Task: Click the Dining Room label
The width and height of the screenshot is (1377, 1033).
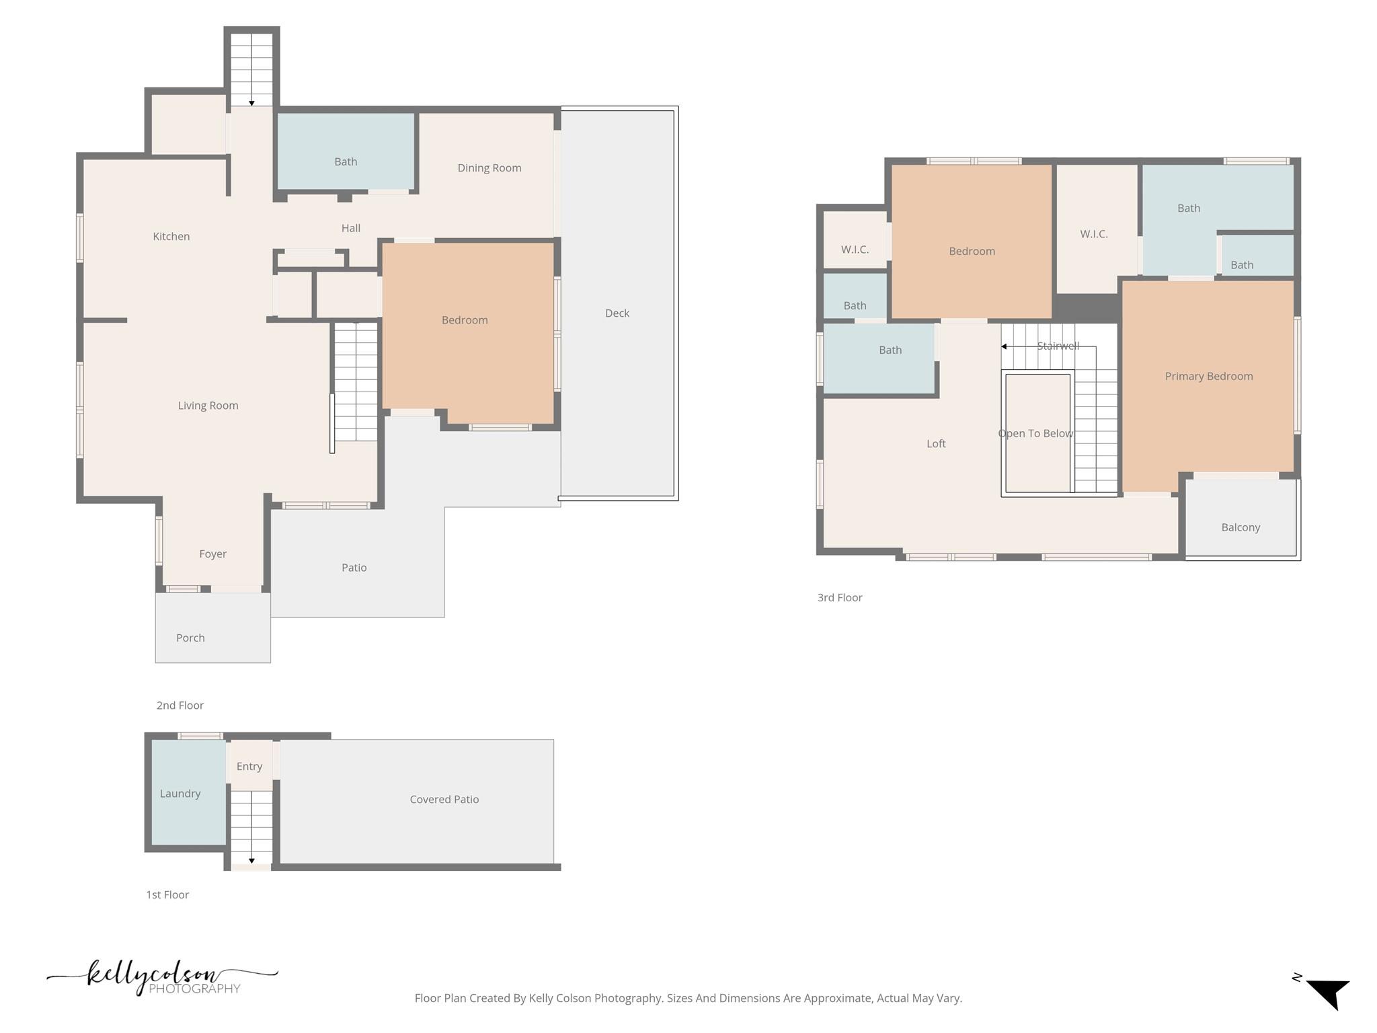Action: [489, 168]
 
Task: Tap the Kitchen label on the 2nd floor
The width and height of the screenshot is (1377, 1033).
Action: [171, 236]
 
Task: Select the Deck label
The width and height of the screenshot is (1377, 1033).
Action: [617, 313]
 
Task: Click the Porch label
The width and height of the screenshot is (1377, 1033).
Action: [190, 638]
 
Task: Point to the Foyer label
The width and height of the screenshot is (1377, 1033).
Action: [212, 554]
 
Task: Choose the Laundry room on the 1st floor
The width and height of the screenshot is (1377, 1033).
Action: [180, 794]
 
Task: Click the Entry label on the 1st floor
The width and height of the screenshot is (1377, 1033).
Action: [249, 767]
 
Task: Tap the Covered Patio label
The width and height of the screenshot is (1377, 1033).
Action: [444, 800]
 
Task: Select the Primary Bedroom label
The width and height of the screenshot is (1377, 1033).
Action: [1208, 377]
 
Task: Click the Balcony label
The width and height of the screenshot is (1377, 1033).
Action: [1240, 527]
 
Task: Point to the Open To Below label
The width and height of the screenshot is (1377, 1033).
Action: [1035, 434]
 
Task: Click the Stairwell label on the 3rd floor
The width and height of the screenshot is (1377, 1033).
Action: [1058, 346]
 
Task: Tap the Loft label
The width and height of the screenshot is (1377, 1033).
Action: [935, 444]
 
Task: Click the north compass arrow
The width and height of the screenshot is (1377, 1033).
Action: [1328, 993]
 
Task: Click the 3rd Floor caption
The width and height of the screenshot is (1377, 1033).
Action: [839, 598]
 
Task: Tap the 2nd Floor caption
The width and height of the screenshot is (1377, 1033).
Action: [180, 705]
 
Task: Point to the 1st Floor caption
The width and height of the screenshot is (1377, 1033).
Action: [167, 895]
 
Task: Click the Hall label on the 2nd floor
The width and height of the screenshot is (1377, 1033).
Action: [350, 229]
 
